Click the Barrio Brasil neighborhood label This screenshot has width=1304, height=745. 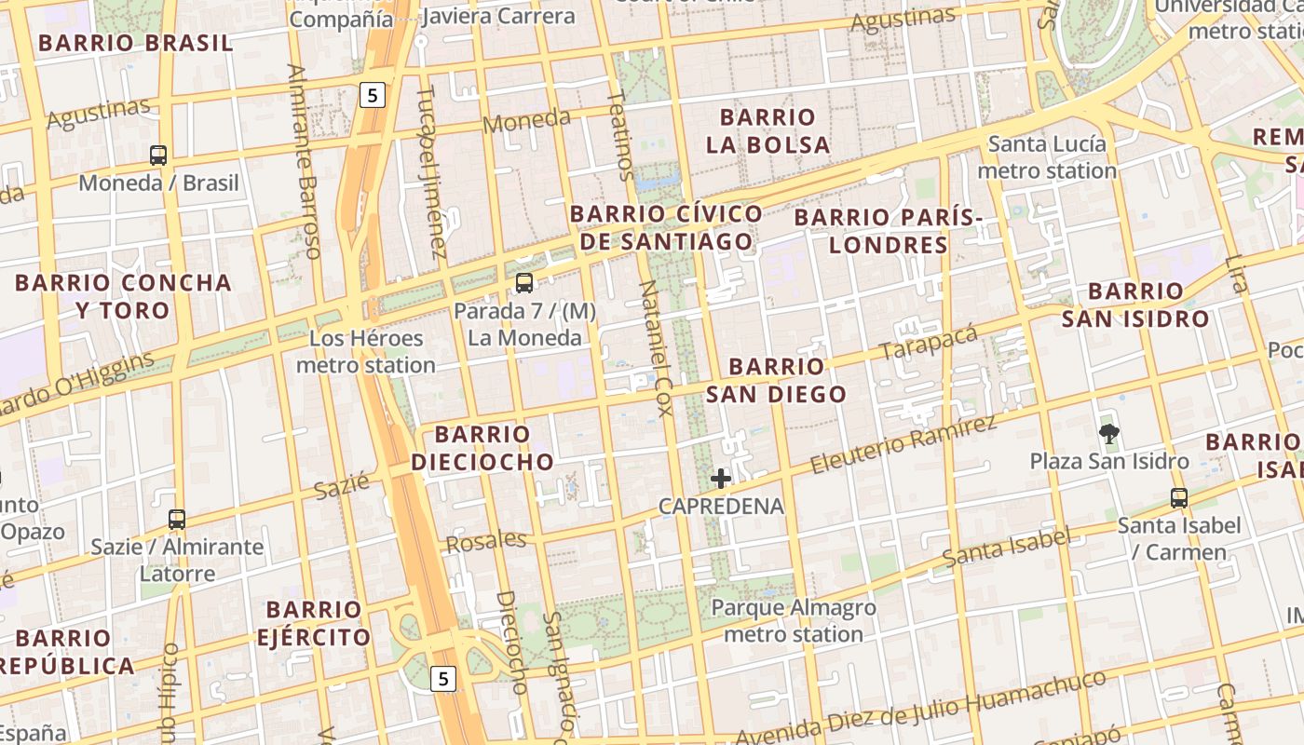(136, 43)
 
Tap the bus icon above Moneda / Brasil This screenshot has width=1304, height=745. (158, 156)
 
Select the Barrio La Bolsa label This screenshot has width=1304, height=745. (767, 130)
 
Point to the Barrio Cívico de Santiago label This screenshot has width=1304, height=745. (666, 228)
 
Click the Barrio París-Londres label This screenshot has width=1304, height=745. (889, 231)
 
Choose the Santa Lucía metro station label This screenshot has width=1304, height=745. (1047, 157)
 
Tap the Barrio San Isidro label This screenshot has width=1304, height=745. (1135, 305)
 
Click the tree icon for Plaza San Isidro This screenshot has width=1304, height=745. (1108, 433)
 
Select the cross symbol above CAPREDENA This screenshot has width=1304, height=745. (721, 479)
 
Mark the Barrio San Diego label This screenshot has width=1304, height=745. (776, 380)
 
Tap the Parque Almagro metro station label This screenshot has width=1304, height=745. (794, 621)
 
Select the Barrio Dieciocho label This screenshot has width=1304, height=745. (482, 448)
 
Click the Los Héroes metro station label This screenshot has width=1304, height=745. (366, 351)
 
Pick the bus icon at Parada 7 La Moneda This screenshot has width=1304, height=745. (524, 283)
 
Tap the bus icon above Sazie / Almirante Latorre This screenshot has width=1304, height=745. (177, 520)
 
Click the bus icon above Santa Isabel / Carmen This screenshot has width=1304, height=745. (1179, 498)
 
